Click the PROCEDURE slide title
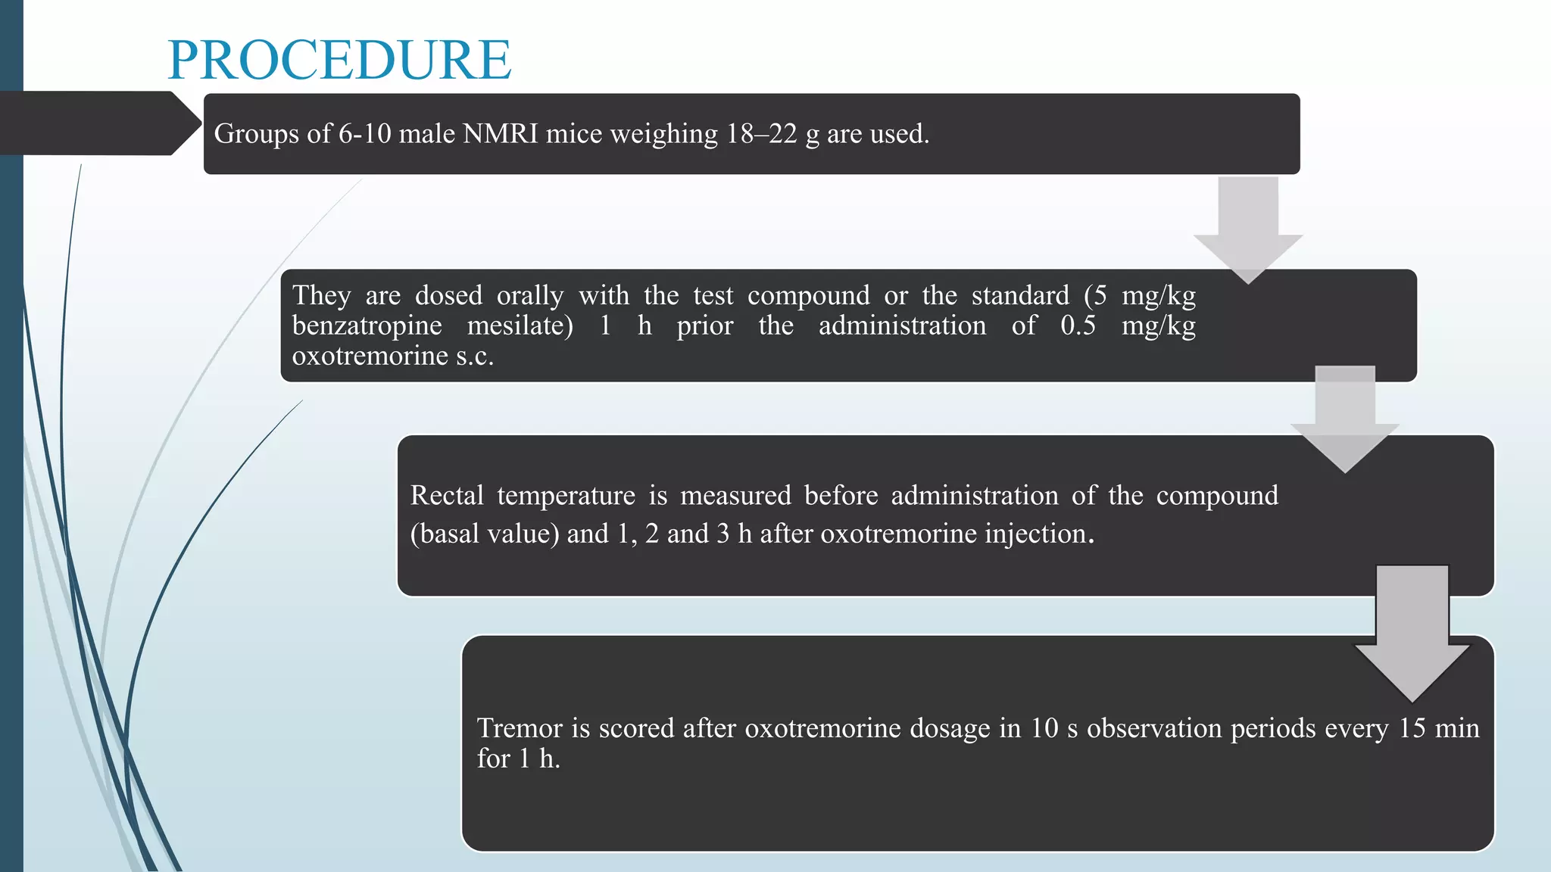(339, 60)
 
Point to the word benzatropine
(367, 325)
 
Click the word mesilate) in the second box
(520, 325)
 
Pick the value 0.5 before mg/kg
(1078, 325)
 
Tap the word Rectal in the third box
(447, 495)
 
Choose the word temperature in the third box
(566, 495)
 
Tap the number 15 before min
(1412, 728)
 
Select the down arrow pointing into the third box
(1345, 420)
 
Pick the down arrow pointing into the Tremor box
(1412, 636)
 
